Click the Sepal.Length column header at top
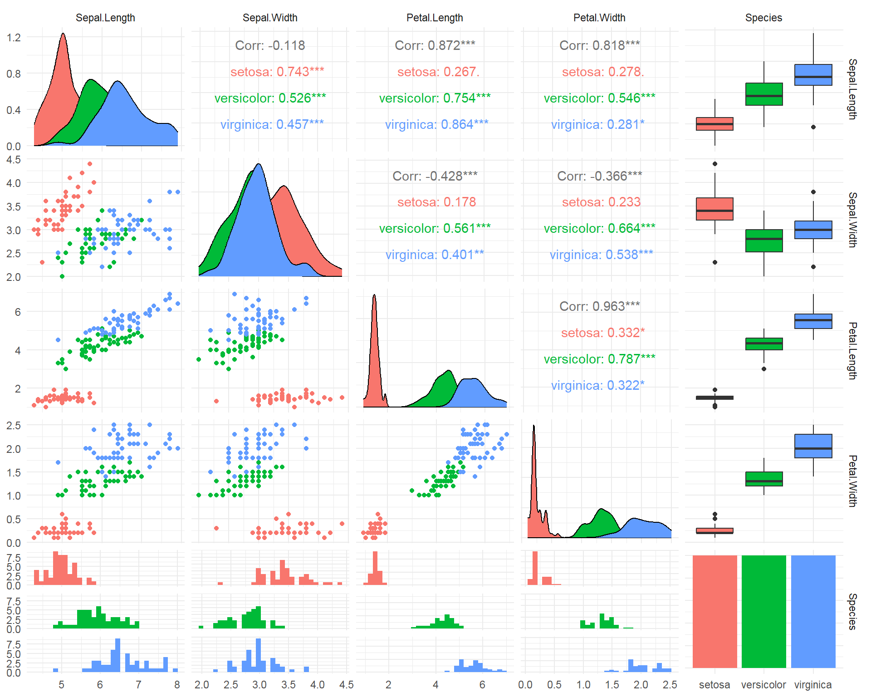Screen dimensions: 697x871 pyautogui.click(x=105, y=18)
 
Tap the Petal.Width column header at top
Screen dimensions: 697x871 pyautogui.click(x=599, y=18)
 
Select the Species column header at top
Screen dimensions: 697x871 pyautogui.click(x=763, y=18)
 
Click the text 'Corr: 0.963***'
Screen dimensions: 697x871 pyautogui.click(x=599, y=306)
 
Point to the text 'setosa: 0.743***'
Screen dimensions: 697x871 pyautogui.click(x=277, y=72)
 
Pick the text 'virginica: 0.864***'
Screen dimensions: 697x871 pyautogui.click(x=436, y=124)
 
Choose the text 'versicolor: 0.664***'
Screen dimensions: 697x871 pyautogui.click(x=599, y=228)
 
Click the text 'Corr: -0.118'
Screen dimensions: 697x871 pyautogui.click(x=270, y=45)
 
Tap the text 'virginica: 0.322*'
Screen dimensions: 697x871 pyautogui.click(x=597, y=385)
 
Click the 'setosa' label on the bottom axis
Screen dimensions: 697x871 pyautogui.click(x=714, y=685)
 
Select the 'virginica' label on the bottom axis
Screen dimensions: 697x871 pyautogui.click(x=813, y=685)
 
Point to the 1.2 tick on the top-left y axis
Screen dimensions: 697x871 pyautogui.click(x=14, y=37)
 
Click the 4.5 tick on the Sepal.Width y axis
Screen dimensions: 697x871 pyautogui.click(x=14, y=160)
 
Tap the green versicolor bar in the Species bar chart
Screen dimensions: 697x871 pyautogui.click(x=764, y=611)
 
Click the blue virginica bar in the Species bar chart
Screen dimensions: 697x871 pyautogui.click(x=813, y=611)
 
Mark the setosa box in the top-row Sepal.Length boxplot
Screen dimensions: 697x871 pyautogui.click(x=714, y=124)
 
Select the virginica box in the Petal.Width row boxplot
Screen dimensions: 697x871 pyautogui.click(x=813, y=446)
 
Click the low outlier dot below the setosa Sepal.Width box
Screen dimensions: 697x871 pyautogui.click(x=715, y=262)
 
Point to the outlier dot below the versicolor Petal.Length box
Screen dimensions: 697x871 pyautogui.click(x=764, y=369)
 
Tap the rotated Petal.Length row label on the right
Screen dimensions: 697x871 pyautogui.click(x=852, y=350)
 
